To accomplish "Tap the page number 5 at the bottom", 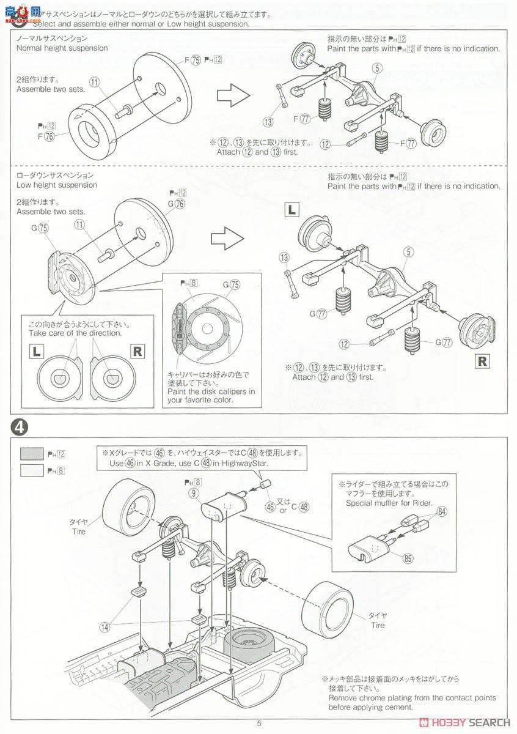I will coord(259,723).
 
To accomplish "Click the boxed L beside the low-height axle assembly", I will coord(292,210).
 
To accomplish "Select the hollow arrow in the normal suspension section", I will coord(234,94).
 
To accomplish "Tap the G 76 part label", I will coord(176,203).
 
